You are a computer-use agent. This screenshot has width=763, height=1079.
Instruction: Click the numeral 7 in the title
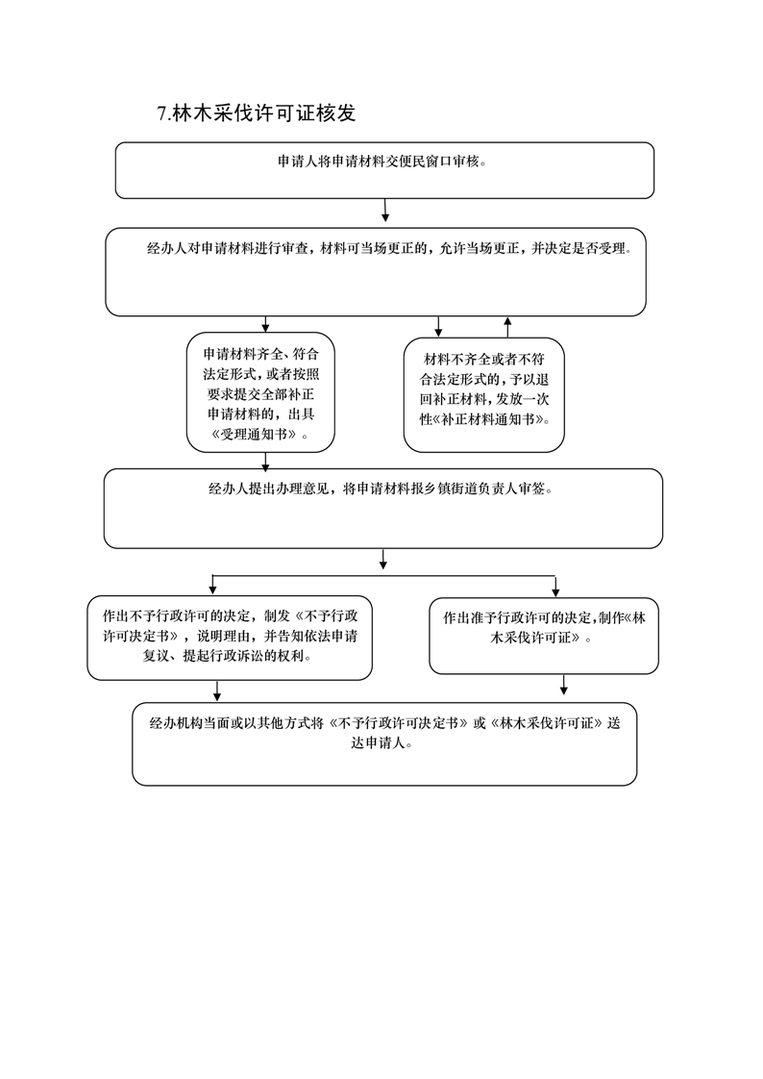point(162,113)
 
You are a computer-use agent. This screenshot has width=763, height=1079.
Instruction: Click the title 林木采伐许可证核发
point(264,113)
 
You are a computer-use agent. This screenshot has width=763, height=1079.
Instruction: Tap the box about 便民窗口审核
point(384,170)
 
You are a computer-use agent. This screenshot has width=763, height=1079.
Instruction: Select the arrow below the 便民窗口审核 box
point(385,211)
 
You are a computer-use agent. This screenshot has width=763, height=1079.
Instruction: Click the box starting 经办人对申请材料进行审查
point(376,272)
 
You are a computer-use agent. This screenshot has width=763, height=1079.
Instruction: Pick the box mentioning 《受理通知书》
point(260,392)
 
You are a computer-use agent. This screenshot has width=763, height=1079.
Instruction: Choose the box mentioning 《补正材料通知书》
point(484,395)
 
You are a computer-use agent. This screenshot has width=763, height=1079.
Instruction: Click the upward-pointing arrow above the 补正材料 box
point(508,327)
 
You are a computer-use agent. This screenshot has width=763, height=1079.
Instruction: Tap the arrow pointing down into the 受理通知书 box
point(265,325)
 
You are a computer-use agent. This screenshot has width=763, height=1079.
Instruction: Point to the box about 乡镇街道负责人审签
point(382,509)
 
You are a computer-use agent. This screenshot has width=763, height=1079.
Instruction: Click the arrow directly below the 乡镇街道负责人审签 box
point(382,560)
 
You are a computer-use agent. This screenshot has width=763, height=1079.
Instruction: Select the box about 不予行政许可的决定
point(230,638)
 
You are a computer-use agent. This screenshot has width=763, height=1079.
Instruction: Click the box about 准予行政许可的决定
point(544,636)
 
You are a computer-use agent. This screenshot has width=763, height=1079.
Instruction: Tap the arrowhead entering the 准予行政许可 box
point(555,591)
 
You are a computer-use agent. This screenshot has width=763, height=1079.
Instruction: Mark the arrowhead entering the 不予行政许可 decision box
point(212,590)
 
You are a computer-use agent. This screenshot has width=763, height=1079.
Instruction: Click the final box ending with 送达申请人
point(384,744)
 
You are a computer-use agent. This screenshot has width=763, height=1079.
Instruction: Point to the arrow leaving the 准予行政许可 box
point(564,685)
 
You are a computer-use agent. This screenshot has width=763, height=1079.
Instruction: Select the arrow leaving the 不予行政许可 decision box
point(217,690)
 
